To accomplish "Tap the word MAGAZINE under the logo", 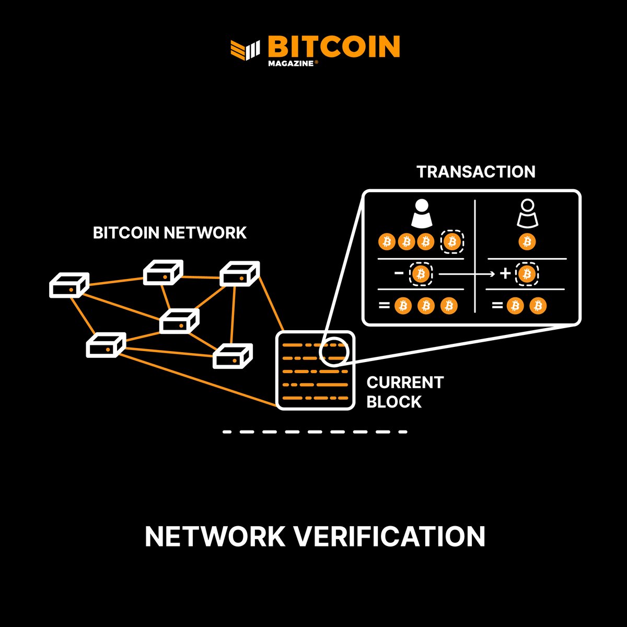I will (290, 64).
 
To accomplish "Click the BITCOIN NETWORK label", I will (169, 233).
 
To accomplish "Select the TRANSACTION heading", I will (475, 172).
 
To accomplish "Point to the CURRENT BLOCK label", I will (404, 392).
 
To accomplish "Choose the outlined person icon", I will (527, 214).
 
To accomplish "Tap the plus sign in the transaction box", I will (505, 273).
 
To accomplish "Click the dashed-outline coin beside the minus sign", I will (421, 274).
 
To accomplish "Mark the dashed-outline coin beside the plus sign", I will (527, 274).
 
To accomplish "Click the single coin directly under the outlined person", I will (527, 242).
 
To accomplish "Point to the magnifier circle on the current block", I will (333, 351).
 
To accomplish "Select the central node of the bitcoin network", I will (179, 321).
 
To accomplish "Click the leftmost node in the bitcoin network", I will (69, 285).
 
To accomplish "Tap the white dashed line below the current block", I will (315, 432).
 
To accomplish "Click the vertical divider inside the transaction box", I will (474, 256).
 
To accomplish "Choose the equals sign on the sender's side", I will (384, 305).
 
